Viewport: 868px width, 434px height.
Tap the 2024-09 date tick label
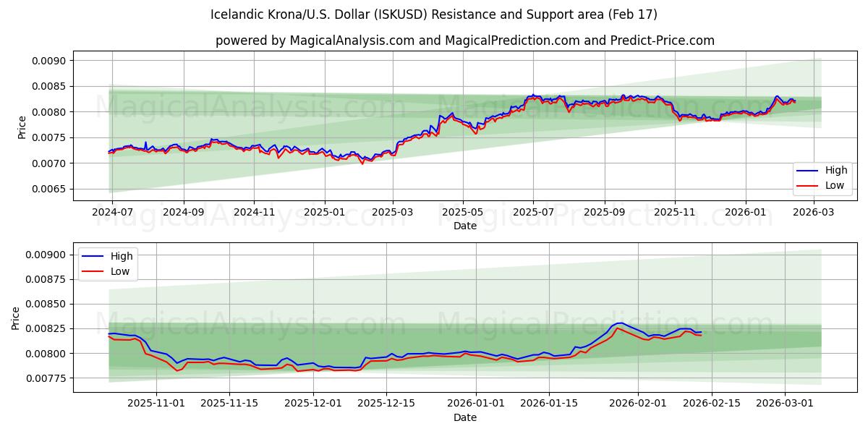click(x=183, y=213)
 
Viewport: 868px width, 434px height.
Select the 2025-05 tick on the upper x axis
click(x=462, y=213)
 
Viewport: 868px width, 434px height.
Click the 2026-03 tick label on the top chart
click(x=814, y=213)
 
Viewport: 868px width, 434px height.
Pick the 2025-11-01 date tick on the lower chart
click(x=156, y=404)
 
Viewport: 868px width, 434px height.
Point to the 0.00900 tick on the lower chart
click(x=46, y=255)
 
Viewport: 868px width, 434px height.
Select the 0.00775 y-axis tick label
click(x=46, y=378)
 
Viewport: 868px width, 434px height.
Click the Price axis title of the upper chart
click(x=22, y=127)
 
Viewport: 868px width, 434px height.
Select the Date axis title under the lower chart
click(x=464, y=417)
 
